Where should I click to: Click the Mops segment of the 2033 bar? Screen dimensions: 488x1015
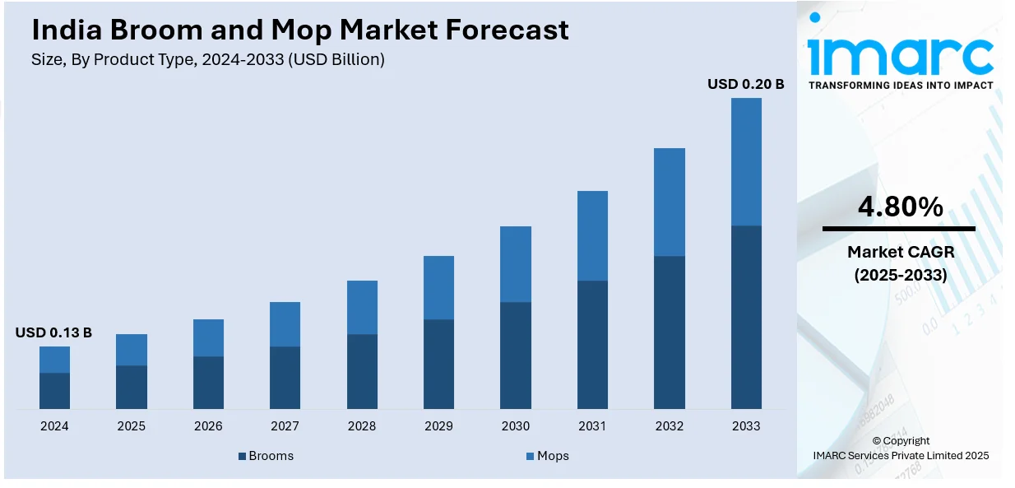pyautogui.click(x=746, y=161)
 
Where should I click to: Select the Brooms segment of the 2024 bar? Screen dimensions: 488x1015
pyautogui.click(x=54, y=390)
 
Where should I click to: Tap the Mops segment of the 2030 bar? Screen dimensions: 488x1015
pyautogui.click(x=516, y=263)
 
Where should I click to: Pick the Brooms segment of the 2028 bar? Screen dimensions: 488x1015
pyautogui.click(x=362, y=371)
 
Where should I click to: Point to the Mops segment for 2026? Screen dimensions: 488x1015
pyautogui.click(x=208, y=337)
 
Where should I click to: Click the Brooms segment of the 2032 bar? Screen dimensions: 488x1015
pyautogui.click(x=670, y=332)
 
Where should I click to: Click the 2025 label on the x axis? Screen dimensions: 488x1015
pyautogui.click(x=131, y=426)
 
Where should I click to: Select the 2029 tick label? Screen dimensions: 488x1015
pyautogui.click(x=438, y=426)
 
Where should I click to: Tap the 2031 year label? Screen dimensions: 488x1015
pyautogui.click(x=592, y=426)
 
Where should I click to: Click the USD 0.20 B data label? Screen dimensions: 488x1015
pyautogui.click(x=745, y=84)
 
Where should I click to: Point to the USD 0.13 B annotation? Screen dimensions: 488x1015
pyautogui.click(x=53, y=332)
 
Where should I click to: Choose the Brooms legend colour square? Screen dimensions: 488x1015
pyautogui.click(x=243, y=456)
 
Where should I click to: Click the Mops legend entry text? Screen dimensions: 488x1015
pyautogui.click(x=553, y=456)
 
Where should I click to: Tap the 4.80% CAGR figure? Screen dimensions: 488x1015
pyautogui.click(x=900, y=207)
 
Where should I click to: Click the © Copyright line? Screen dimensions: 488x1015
pyautogui.click(x=901, y=440)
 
